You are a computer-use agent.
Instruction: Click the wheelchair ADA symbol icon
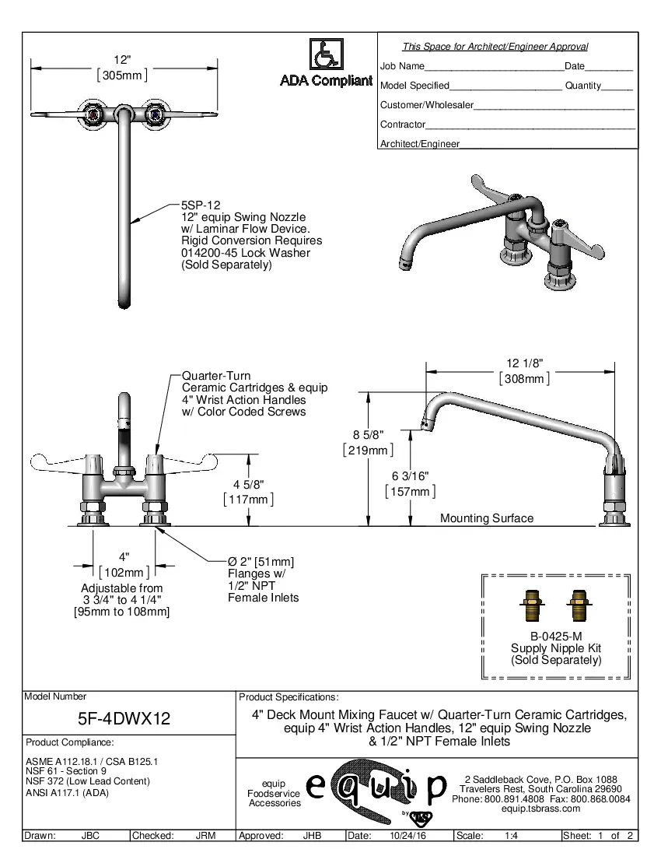[326, 55]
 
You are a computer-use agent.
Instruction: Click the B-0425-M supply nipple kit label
[555, 636]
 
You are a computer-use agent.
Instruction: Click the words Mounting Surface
[487, 518]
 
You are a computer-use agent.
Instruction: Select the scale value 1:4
[512, 836]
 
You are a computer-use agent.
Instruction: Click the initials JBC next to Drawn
[90, 836]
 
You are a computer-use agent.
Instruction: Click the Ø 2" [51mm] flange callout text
[261, 562]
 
